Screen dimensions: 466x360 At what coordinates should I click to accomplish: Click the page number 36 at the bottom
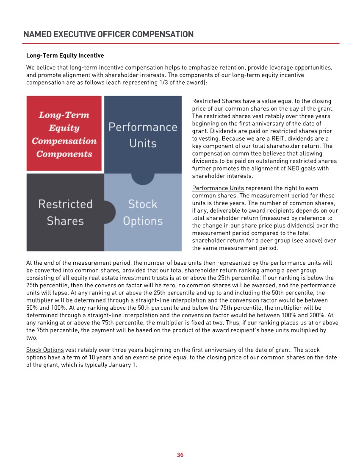pyautogui.click(x=180, y=455)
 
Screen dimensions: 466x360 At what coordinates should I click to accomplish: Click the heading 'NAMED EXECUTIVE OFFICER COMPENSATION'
pyautogui.click(x=108, y=34)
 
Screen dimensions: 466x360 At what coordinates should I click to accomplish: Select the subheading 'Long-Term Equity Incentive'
pyautogui.click(x=65, y=55)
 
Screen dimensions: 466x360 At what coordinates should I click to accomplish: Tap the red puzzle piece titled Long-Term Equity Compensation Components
pyautogui.click(x=64, y=133)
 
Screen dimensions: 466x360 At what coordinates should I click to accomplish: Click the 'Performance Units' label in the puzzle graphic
pyautogui.click(x=143, y=135)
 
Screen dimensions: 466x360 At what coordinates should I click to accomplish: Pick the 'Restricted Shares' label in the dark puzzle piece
pyautogui.click(x=65, y=212)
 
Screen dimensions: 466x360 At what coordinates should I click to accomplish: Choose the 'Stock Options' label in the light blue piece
pyautogui.click(x=143, y=212)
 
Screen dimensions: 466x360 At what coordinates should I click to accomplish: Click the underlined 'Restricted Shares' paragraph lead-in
pyautogui.click(x=216, y=101)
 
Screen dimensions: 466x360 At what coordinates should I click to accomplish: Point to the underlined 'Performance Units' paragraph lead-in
pyautogui.click(x=218, y=188)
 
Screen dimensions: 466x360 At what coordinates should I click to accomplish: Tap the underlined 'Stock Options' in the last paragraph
pyautogui.click(x=45, y=350)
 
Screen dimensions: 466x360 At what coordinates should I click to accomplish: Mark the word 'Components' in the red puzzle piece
pyautogui.click(x=64, y=154)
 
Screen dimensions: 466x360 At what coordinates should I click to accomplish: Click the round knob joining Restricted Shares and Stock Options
pyautogui.click(x=110, y=212)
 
